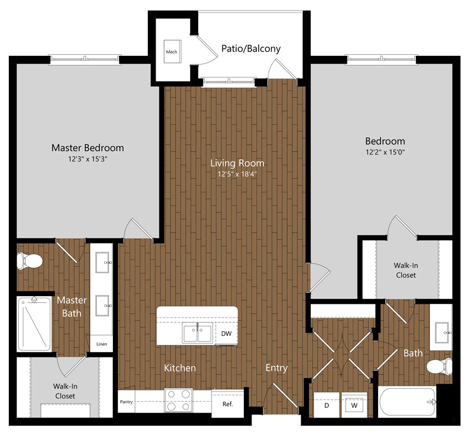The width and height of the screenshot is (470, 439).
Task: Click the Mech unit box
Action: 172,51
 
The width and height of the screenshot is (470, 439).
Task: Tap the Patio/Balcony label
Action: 251,49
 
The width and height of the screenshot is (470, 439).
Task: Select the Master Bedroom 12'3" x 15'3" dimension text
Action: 88,159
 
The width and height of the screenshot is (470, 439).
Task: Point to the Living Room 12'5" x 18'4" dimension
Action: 237,174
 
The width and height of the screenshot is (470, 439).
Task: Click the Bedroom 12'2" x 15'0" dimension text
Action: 385,152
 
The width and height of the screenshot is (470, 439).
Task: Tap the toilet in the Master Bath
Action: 30,261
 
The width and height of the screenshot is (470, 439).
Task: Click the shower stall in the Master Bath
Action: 34,324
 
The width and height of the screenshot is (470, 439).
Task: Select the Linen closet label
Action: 101,344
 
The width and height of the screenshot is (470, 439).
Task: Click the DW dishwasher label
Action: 226,333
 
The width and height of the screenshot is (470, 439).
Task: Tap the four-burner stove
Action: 179,400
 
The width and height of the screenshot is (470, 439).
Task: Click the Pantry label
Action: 126,402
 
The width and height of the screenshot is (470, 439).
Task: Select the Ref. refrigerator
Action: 227,404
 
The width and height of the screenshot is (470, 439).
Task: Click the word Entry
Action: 277,368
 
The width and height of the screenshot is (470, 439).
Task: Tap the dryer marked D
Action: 326,405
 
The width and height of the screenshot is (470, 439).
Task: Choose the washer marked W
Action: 354,405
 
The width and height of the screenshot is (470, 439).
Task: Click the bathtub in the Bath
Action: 407,402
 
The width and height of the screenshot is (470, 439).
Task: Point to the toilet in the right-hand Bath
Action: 439,366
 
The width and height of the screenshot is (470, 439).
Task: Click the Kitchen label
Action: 180,368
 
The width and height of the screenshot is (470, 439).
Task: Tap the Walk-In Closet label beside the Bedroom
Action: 406,270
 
